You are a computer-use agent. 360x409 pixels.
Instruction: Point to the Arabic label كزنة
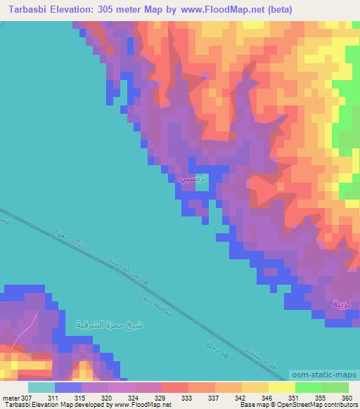pos(338,304)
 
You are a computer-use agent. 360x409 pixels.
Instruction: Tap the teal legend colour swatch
pos(41,387)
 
